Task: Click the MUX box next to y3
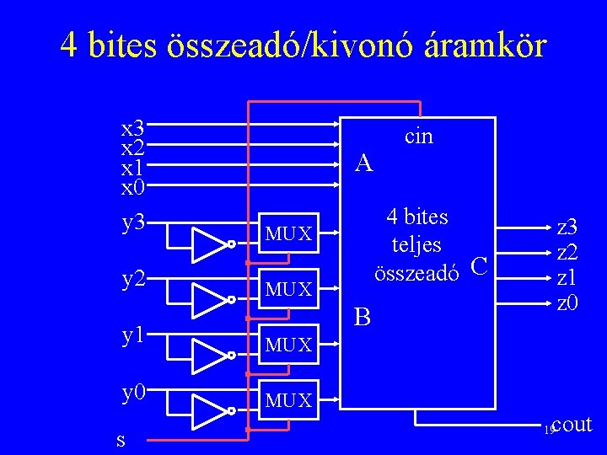click(288, 233)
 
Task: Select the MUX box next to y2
click(288, 290)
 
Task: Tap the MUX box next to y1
click(288, 345)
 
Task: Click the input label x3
click(133, 129)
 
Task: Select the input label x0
click(133, 185)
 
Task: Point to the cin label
click(419, 136)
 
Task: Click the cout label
click(573, 425)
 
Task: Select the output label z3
click(567, 227)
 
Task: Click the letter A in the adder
click(363, 162)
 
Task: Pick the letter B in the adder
click(363, 318)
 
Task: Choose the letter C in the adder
click(479, 267)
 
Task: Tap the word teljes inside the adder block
click(417, 244)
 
